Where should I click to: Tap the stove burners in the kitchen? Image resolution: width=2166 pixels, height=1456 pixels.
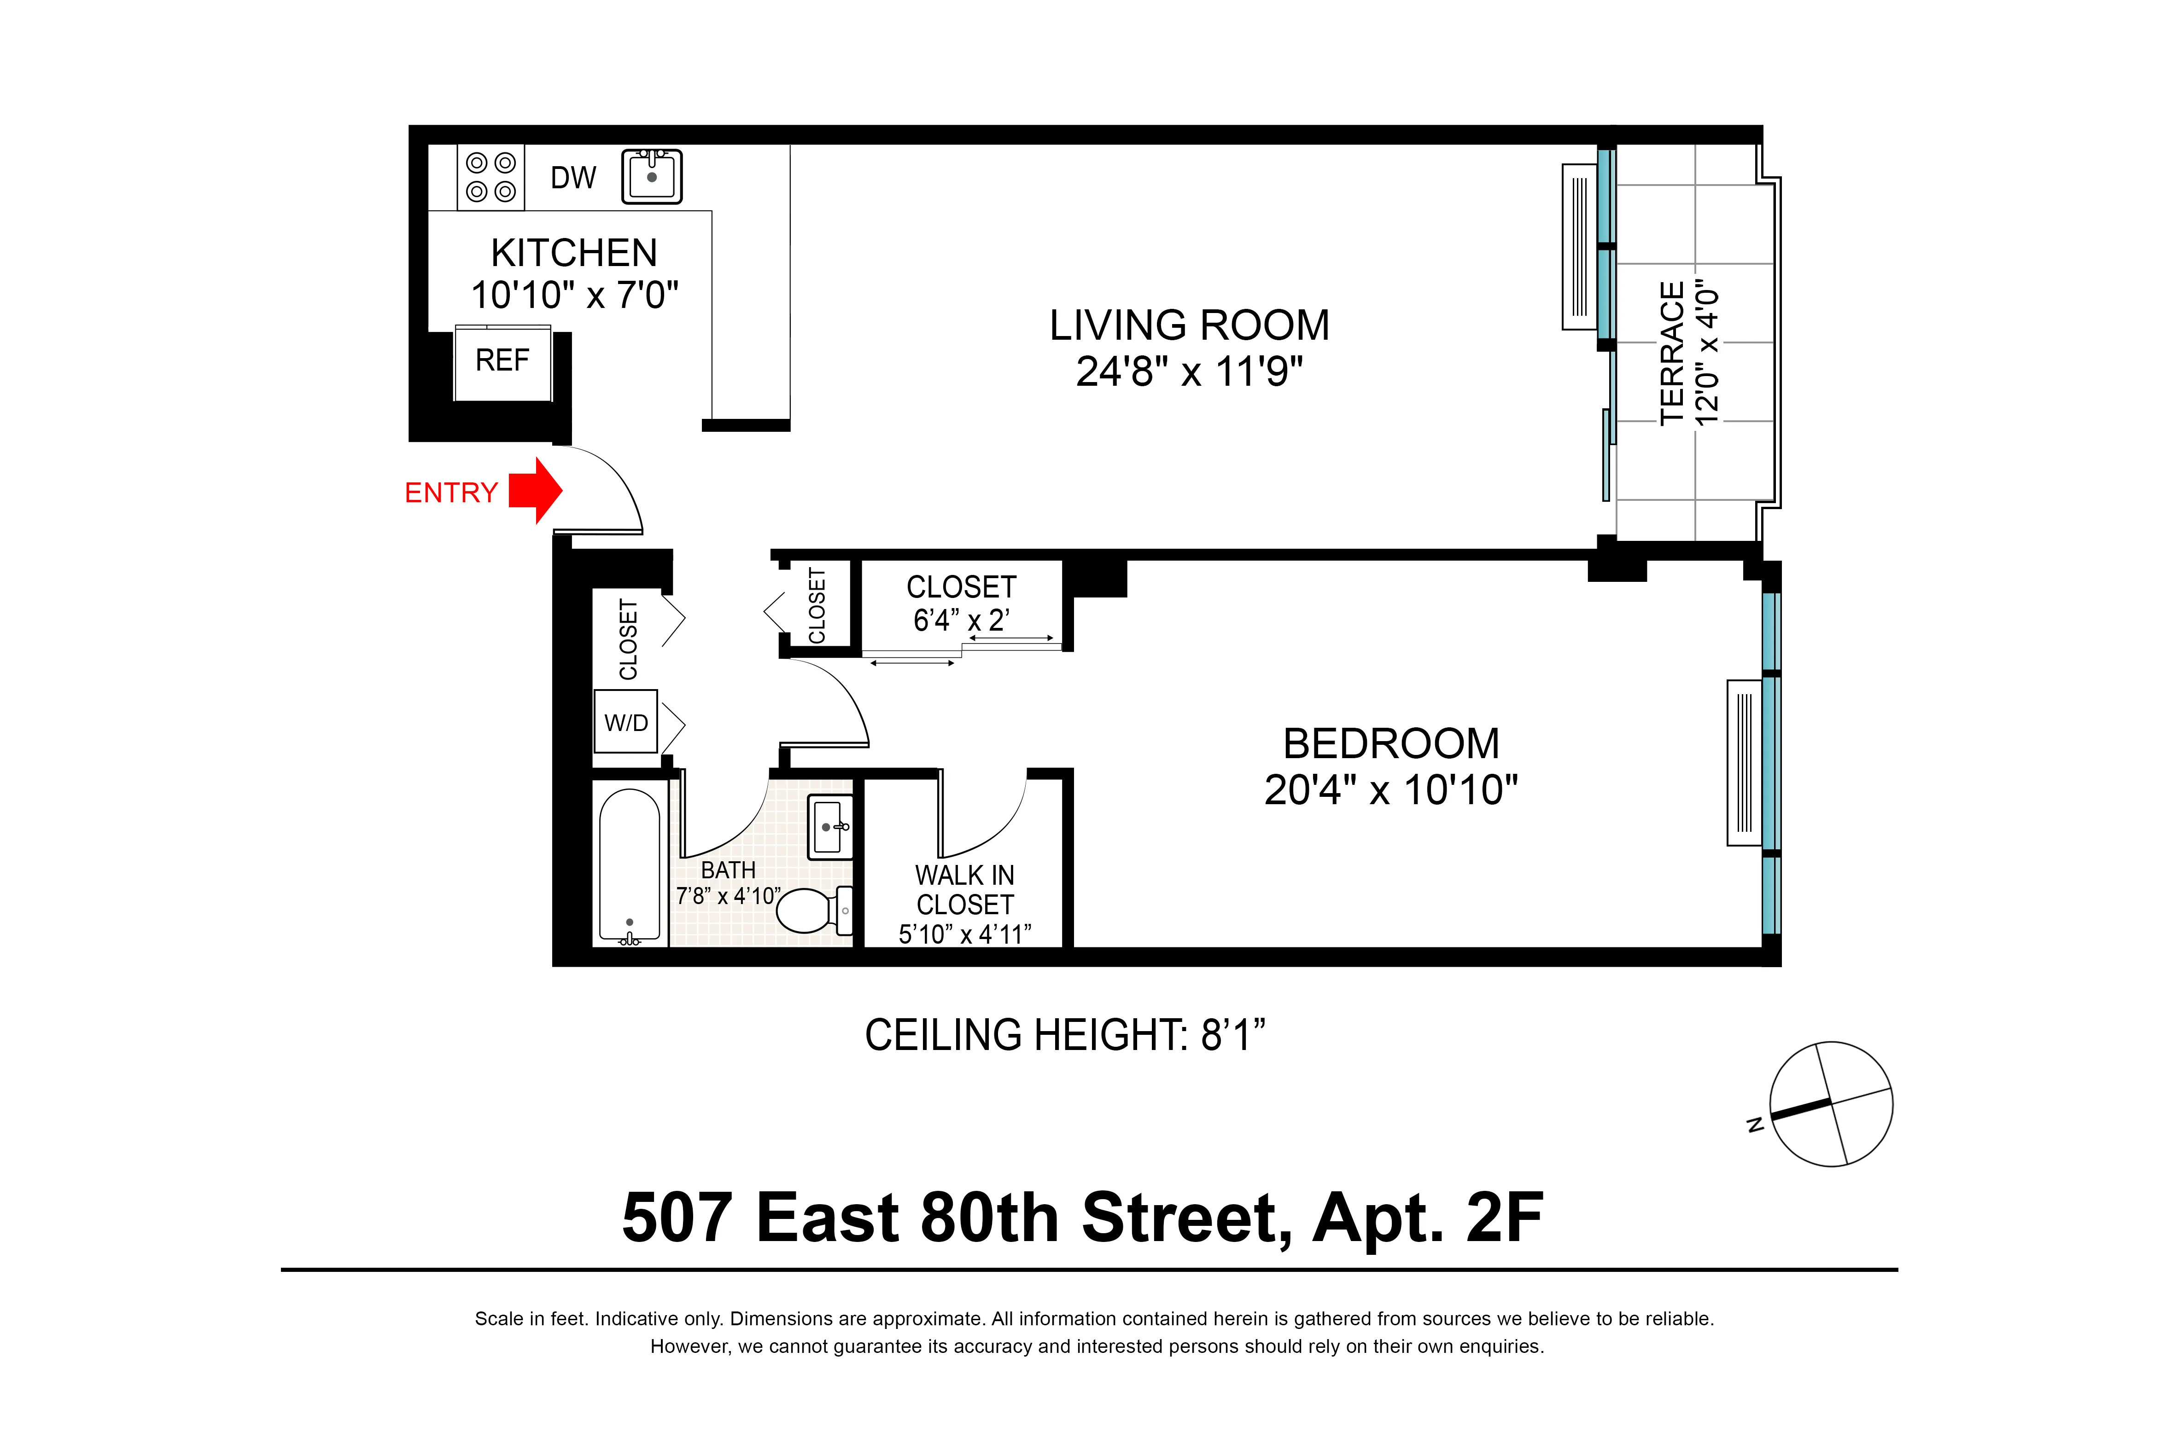pos(490,176)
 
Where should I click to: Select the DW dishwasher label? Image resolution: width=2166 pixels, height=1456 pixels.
pos(573,177)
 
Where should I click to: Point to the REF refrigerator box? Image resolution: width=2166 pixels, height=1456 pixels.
pos(502,361)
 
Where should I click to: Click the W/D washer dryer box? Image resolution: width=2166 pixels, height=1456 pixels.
pos(626,722)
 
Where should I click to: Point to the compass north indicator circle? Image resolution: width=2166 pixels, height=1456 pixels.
pos(1831,1103)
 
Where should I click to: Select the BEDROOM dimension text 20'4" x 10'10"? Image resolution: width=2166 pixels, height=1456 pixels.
pos(1390,790)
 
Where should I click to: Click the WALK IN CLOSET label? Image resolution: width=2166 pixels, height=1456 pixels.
pos(964,889)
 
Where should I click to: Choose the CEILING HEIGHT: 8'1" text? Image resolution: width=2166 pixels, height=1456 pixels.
pos(1064,1035)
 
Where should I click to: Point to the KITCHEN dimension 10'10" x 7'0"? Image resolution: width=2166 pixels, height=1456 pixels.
pos(574,295)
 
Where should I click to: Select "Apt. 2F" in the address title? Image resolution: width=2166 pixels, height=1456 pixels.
pos(1428,1218)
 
